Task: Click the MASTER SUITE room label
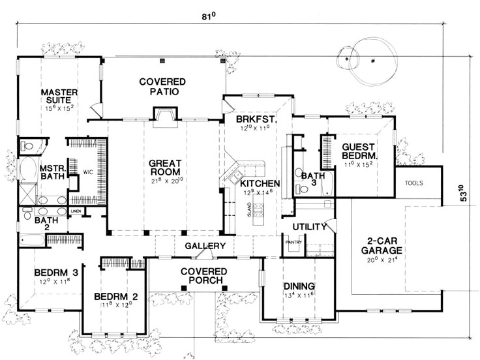pos(59,97)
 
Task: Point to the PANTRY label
pos(290,243)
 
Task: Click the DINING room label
pos(299,286)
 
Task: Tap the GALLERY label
pos(205,246)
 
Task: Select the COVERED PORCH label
pos(204,275)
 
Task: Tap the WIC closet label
pos(88,172)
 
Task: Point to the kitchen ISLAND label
pos(248,209)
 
